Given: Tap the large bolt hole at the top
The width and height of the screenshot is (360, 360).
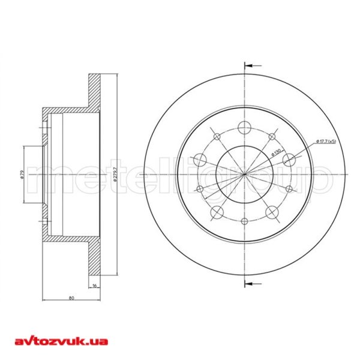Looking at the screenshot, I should point(244,127).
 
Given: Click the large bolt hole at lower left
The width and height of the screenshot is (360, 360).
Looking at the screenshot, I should point(217,211).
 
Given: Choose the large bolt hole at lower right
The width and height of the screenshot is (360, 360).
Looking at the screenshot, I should point(272,211).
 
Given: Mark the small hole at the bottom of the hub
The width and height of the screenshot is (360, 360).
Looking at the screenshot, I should point(244,221).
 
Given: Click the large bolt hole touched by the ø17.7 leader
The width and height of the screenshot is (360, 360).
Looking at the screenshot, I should point(289,159).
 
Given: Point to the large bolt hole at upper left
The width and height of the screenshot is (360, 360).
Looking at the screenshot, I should point(200,160).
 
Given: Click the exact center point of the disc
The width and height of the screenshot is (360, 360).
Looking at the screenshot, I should point(245,174).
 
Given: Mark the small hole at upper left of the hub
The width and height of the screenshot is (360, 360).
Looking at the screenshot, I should point(217,136).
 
